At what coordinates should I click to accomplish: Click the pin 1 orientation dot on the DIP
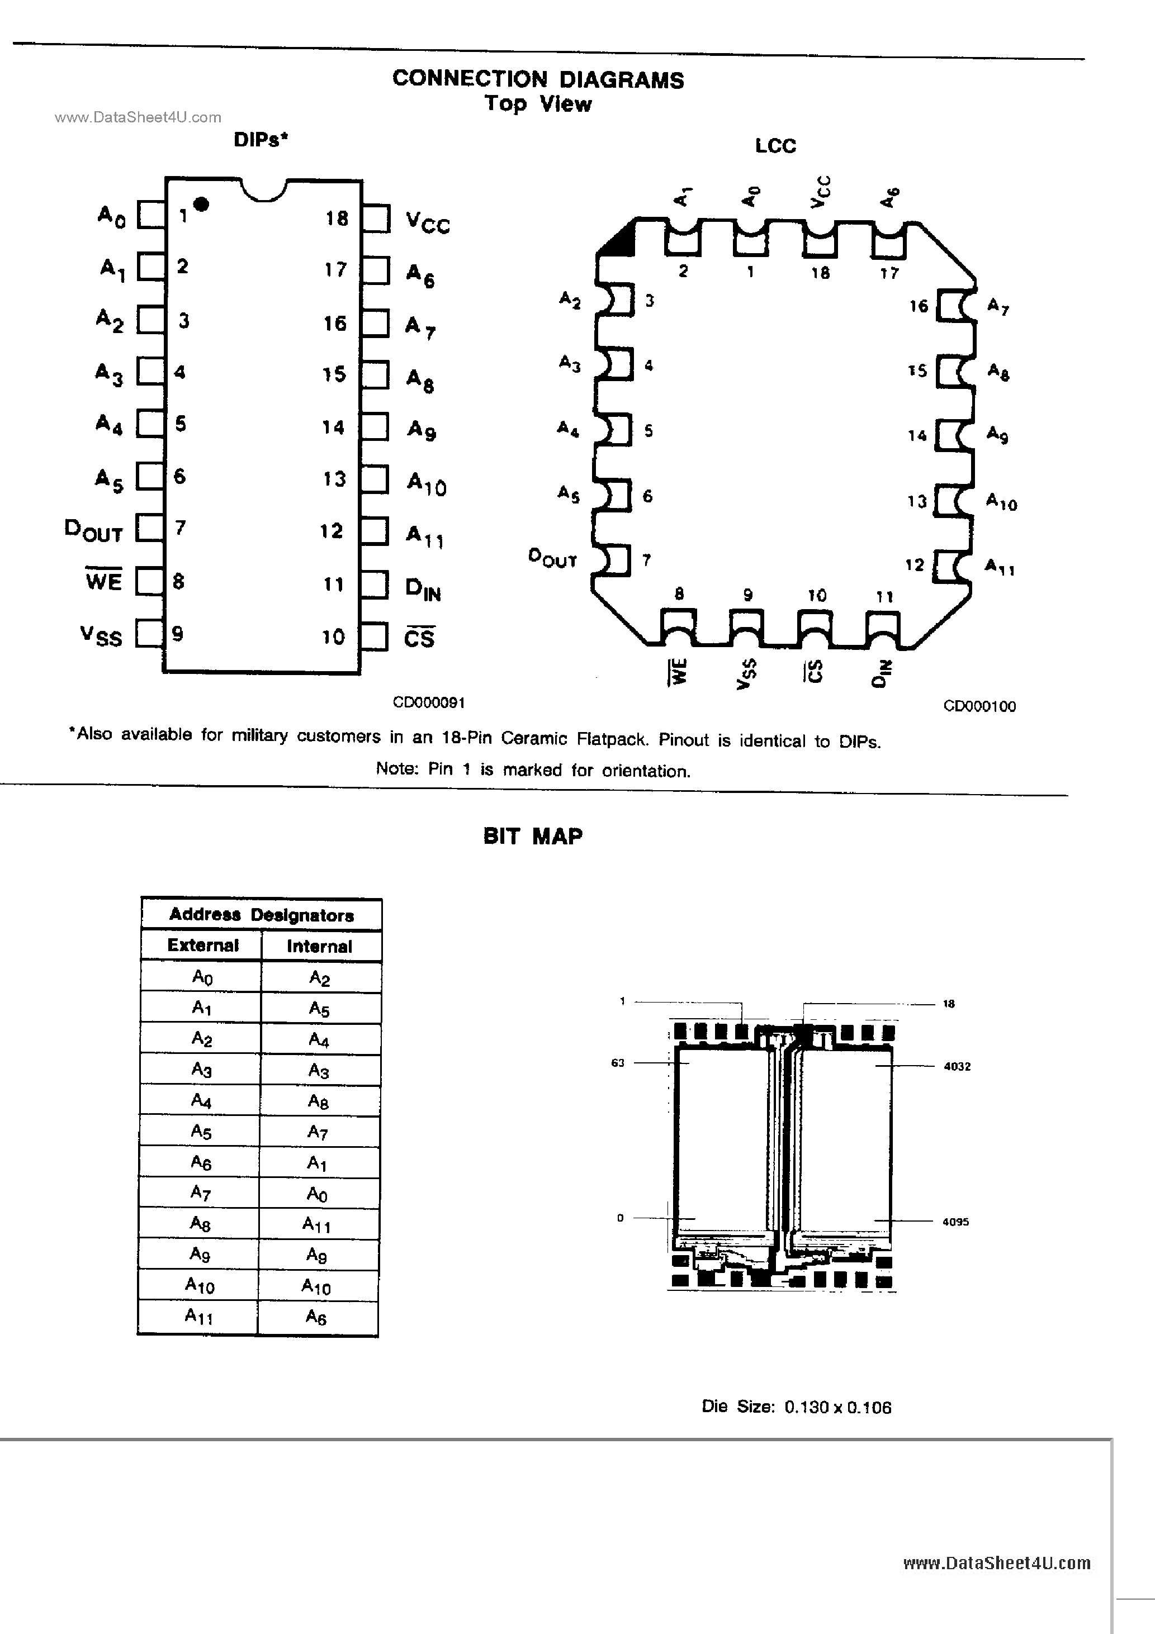point(201,205)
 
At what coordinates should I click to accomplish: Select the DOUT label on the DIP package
point(93,530)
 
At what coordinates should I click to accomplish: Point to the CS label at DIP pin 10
point(419,638)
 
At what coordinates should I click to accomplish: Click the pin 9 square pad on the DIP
point(149,633)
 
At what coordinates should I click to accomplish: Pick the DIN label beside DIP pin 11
point(423,589)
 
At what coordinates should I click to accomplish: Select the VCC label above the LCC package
point(820,192)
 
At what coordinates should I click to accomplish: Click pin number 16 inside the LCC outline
point(919,306)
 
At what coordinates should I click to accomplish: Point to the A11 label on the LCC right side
point(1000,567)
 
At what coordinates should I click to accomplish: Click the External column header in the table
point(203,945)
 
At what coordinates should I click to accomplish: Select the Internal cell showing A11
point(317,1223)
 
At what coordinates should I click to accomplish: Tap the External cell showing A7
point(201,1192)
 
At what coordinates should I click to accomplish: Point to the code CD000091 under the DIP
point(429,702)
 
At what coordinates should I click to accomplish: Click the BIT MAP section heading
point(533,836)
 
